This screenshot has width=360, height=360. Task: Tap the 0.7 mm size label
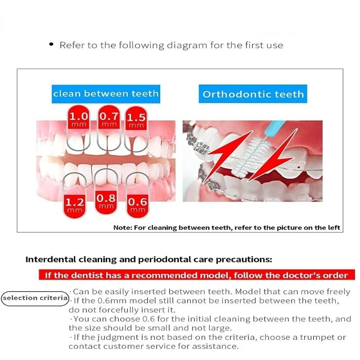[109, 119]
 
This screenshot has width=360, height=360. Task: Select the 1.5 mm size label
[136, 120]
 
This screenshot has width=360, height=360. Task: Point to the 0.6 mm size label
[137, 204]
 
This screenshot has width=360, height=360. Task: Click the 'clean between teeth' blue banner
[106, 94]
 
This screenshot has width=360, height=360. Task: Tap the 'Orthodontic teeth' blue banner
[253, 94]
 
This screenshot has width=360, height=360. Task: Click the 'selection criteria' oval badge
[35, 298]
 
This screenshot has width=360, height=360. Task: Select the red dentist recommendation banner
[196, 275]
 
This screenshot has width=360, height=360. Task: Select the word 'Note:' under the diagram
[122, 227]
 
